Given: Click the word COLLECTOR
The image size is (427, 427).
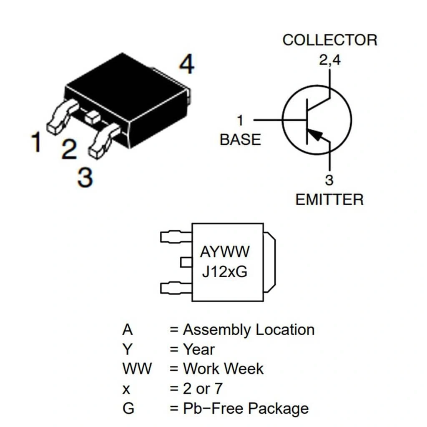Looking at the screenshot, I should click(x=329, y=40).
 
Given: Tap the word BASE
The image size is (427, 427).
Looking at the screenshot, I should click(x=240, y=139).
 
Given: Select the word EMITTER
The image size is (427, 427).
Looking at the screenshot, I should click(x=329, y=199).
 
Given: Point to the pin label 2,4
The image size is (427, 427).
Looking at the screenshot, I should click(x=329, y=60).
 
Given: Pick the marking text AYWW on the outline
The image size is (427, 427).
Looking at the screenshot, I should click(x=225, y=252).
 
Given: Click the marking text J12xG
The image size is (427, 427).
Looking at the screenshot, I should click(x=225, y=271).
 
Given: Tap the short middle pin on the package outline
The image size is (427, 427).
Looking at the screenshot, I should click(x=186, y=262).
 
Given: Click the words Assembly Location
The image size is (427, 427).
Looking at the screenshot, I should click(x=249, y=330).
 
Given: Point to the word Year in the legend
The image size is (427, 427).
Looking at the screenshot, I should click(x=199, y=349).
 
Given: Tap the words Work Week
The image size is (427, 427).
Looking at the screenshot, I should click(x=223, y=369).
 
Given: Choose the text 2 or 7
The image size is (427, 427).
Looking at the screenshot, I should click(x=203, y=389).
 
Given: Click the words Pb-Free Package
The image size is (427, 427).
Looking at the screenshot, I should click(x=246, y=408).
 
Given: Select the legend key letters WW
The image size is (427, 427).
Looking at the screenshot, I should click(x=137, y=369).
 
